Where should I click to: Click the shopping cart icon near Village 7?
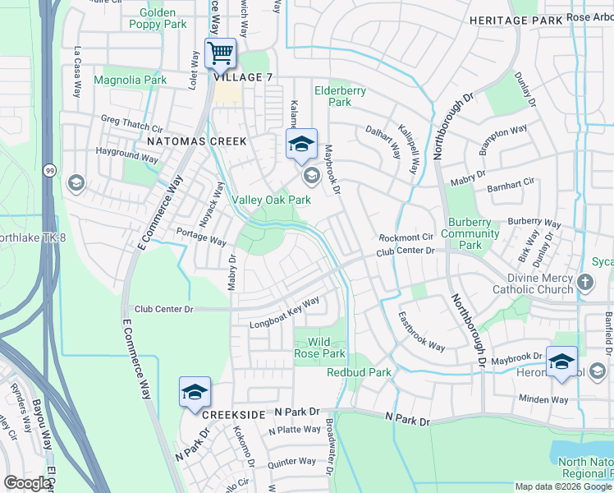220,54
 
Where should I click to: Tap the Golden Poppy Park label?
158,19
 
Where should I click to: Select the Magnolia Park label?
131,80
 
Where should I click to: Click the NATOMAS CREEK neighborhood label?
196,141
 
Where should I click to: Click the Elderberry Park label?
340,96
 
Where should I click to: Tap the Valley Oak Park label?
271,200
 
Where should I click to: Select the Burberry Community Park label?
470,233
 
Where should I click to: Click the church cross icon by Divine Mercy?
585,283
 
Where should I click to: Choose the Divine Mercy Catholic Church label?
533,283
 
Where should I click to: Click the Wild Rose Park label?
320,348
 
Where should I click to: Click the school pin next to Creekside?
195,393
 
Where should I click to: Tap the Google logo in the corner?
27,482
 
